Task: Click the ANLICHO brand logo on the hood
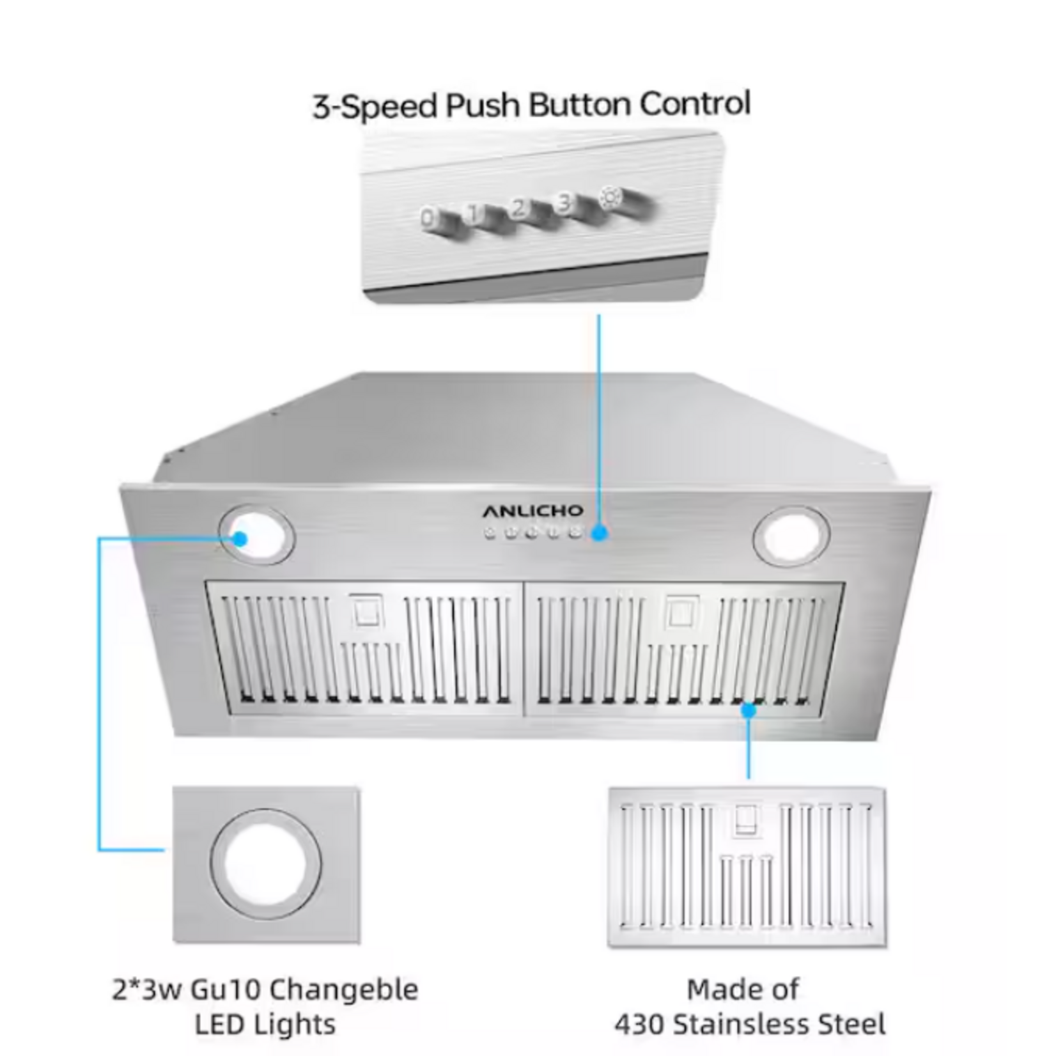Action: click(532, 510)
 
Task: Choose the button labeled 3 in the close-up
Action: click(564, 204)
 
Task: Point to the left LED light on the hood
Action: click(256, 535)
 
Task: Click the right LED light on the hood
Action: click(791, 535)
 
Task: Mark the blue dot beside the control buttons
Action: click(599, 532)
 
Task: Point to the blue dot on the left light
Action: click(240, 538)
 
